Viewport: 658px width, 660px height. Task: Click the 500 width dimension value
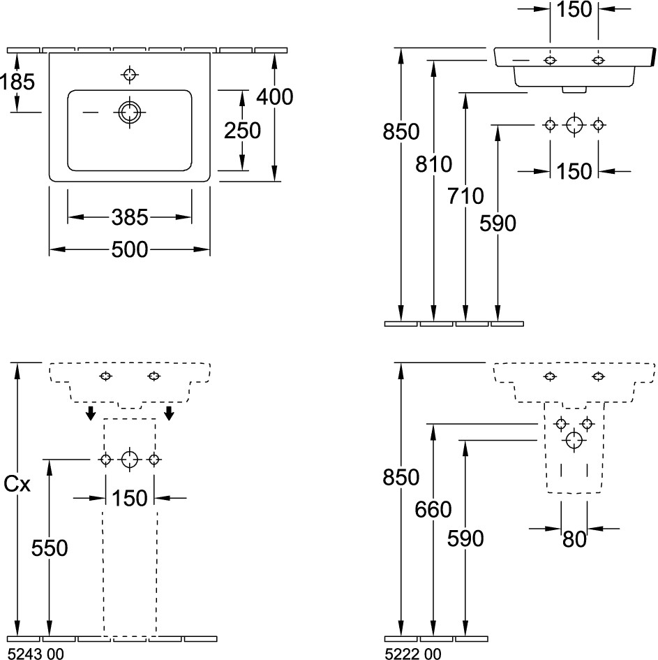pyautogui.click(x=130, y=249)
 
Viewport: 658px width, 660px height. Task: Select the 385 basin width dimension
pyautogui.click(x=130, y=218)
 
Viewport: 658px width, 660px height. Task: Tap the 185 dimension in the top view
pyautogui.click(x=17, y=82)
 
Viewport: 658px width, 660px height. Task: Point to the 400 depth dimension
pyautogui.click(x=274, y=96)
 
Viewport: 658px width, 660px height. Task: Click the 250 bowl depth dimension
pyautogui.click(x=242, y=130)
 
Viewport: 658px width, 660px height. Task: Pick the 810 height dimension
pyautogui.click(x=434, y=165)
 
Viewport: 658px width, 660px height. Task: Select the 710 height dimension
pyautogui.click(x=465, y=196)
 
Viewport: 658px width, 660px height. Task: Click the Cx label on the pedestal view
pyautogui.click(x=17, y=483)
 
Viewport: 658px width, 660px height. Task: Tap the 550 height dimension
pyautogui.click(x=50, y=549)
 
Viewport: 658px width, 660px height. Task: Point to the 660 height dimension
pyautogui.click(x=434, y=511)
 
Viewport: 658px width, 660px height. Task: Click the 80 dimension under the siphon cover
pyautogui.click(x=574, y=539)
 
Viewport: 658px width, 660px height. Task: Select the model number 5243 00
pyautogui.click(x=35, y=654)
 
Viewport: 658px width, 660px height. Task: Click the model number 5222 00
pyautogui.click(x=413, y=654)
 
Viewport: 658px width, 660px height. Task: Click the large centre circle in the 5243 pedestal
pyautogui.click(x=129, y=459)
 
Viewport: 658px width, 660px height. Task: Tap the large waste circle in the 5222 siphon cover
pyautogui.click(x=574, y=440)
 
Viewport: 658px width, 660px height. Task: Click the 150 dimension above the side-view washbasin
pyautogui.click(x=574, y=9)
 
